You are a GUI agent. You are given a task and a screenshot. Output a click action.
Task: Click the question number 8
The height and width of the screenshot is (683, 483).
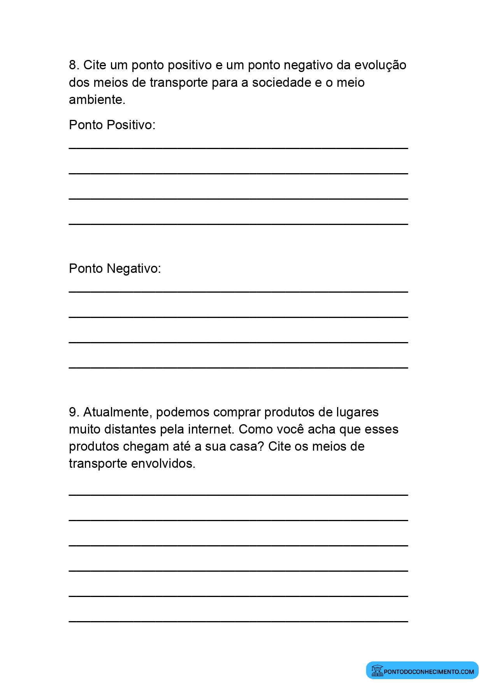[x=74, y=65]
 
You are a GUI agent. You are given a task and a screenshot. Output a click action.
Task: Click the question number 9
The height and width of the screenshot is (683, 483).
[x=74, y=412]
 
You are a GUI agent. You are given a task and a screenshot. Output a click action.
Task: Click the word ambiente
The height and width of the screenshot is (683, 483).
[x=97, y=100]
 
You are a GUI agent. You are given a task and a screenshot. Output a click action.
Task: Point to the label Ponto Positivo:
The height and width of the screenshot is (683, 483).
[x=112, y=125]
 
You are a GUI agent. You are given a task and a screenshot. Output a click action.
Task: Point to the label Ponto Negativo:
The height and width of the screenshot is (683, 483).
[x=115, y=269]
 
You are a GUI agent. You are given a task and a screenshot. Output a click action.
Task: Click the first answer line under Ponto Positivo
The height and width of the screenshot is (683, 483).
[x=238, y=148]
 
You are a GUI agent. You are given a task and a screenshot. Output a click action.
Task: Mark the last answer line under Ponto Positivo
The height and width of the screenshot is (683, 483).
[x=238, y=224]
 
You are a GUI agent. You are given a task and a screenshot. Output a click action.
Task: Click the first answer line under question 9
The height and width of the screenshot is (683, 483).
[x=238, y=495]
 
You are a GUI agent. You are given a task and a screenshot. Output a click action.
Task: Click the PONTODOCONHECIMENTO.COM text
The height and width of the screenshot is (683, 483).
[x=429, y=671]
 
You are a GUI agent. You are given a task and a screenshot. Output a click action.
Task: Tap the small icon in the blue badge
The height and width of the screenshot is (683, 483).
[x=377, y=671]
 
